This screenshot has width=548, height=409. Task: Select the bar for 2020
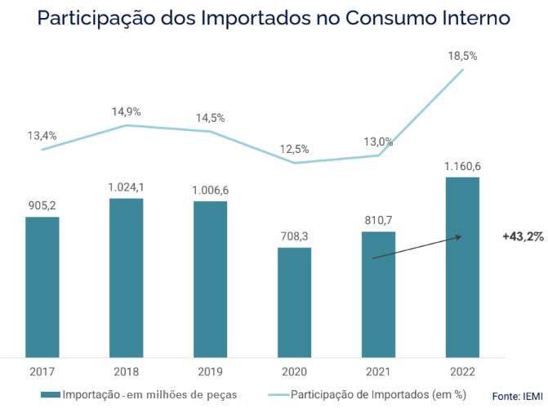(x=294, y=302)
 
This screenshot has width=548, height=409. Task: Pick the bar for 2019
(x=211, y=279)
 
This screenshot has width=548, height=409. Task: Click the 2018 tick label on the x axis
(x=126, y=371)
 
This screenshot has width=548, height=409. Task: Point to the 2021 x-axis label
(x=378, y=371)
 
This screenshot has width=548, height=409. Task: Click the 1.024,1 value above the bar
(x=126, y=187)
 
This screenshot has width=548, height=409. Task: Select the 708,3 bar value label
(x=294, y=236)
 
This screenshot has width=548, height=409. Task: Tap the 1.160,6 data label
(x=463, y=166)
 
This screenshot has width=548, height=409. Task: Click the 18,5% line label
(x=463, y=56)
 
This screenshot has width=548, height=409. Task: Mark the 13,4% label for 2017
(x=42, y=136)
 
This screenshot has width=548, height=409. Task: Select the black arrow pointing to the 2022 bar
(x=417, y=248)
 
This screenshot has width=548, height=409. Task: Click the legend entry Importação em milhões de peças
(x=139, y=394)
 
